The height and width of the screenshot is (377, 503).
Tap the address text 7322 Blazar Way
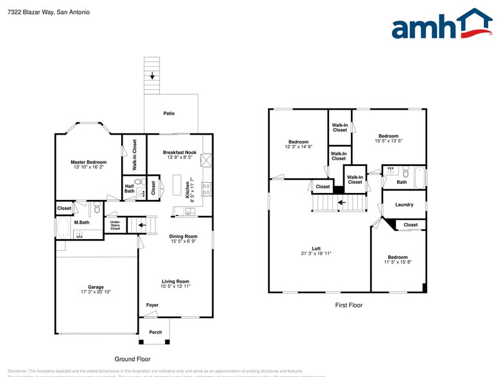tap(31, 12)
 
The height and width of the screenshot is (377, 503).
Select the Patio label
tap(169, 113)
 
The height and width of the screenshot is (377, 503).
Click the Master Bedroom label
tap(89, 162)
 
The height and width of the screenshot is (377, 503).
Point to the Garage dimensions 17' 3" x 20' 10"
tap(96, 292)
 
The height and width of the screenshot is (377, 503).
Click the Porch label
tap(155, 332)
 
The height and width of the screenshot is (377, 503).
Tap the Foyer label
tap(152, 305)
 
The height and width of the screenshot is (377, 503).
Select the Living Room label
tap(175, 281)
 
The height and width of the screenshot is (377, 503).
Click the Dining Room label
tap(183, 237)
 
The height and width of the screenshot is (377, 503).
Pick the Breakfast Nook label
tap(179, 152)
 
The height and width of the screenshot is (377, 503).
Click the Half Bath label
tap(129, 188)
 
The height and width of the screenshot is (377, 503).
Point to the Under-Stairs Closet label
tap(115, 225)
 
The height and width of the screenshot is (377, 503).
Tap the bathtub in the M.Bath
tap(63, 229)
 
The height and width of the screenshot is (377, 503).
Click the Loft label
tap(316, 249)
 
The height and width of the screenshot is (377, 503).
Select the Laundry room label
tap(404, 205)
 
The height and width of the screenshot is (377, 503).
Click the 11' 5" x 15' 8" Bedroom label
tap(397, 257)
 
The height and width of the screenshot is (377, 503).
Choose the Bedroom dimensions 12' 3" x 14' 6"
tap(298, 147)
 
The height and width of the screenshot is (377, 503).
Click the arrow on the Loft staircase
tap(343, 203)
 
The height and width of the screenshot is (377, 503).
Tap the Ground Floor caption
tap(132, 359)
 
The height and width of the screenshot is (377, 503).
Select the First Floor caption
tap(348, 305)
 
